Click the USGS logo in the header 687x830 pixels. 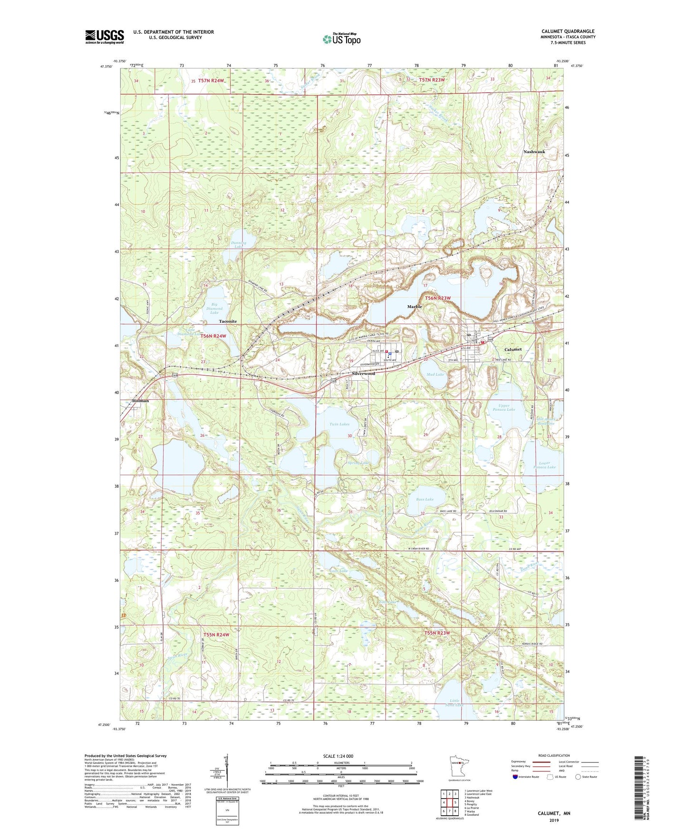click(x=105, y=37)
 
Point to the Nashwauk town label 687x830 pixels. click(x=534, y=152)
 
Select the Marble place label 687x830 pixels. click(x=415, y=307)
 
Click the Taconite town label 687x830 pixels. click(x=228, y=321)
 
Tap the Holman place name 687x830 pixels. click(x=140, y=401)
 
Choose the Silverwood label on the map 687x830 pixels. click(x=363, y=374)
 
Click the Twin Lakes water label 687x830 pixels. click(x=339, y=424)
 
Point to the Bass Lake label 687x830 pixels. click(x=425, y=499)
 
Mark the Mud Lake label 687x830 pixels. click(x=435, y=375)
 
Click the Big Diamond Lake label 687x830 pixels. click(x=214, y=309)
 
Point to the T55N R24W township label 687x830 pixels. click(x=216, y=635)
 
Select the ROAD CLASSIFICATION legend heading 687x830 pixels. click(x=554, y=755)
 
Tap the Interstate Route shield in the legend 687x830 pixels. click(x=516, y=777)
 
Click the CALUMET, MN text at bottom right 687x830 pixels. click(x=554, y=813)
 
